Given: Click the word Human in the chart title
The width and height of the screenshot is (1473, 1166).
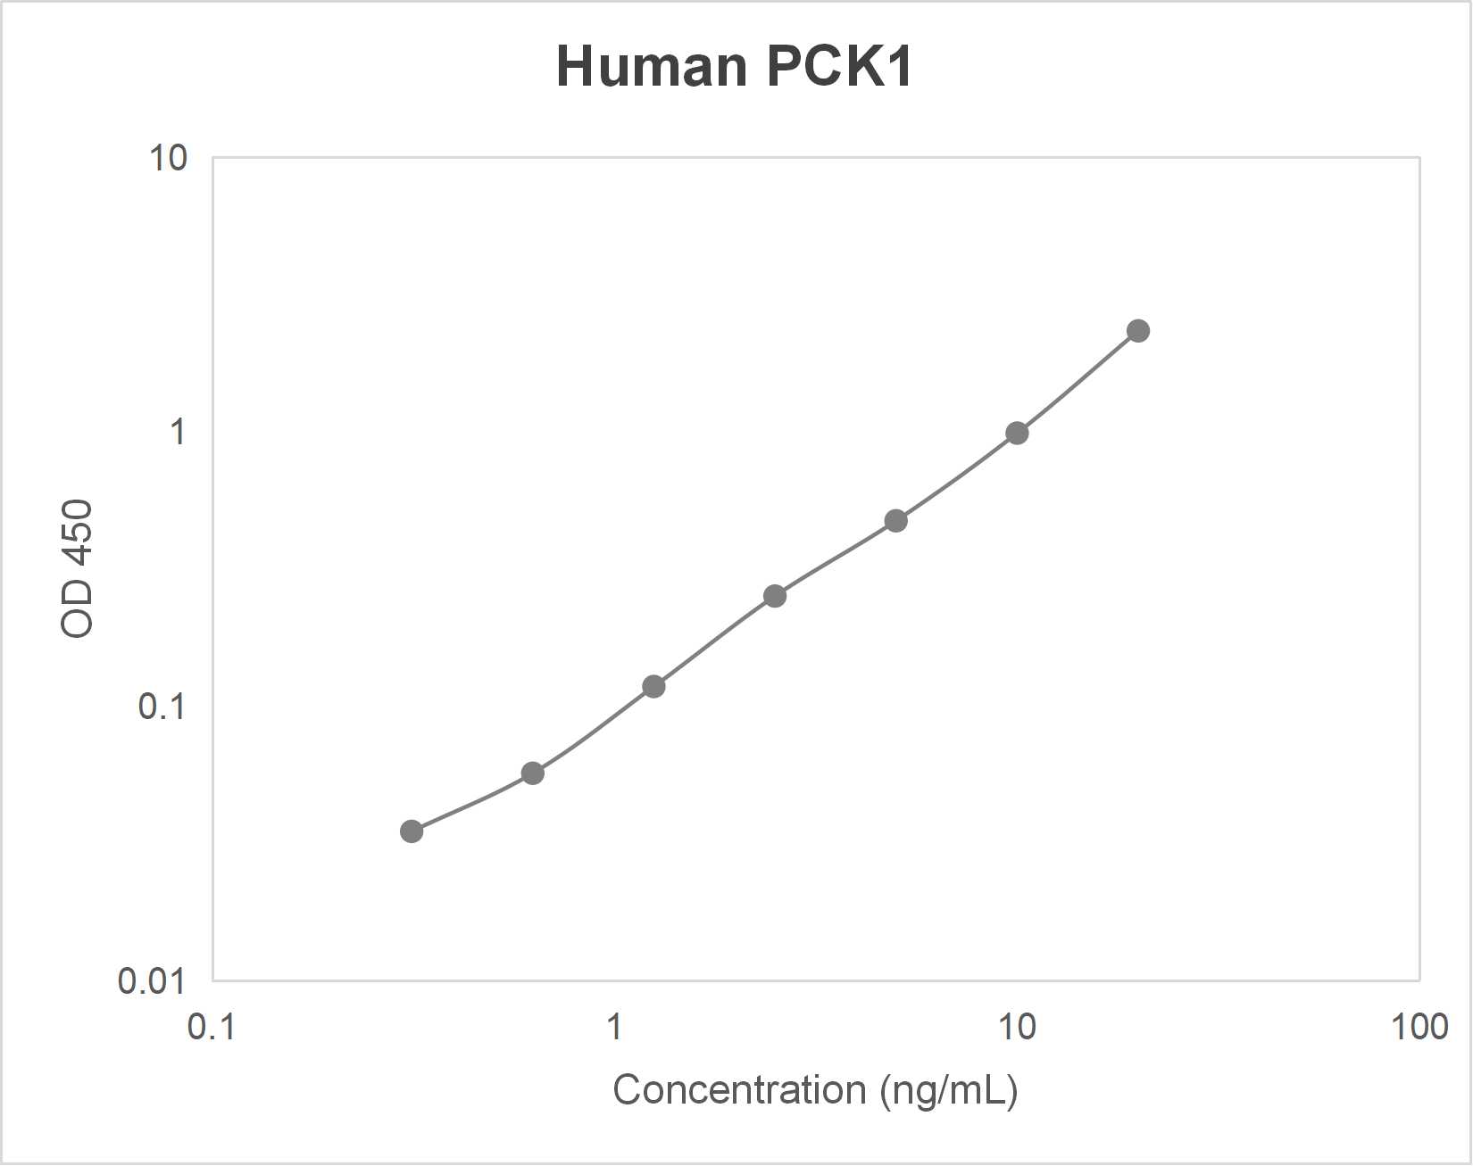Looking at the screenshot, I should click(652, 66).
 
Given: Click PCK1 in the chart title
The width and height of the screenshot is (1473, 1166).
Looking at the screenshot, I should click(839, 66).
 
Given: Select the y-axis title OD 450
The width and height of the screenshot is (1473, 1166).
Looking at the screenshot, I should click(77, 568).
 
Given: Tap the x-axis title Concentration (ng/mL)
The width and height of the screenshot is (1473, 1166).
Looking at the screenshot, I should click(814, 1090).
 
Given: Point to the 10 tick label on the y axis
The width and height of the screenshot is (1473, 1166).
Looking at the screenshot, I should click(168, 158).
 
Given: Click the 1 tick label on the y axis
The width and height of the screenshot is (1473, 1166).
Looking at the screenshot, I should click(178, 432).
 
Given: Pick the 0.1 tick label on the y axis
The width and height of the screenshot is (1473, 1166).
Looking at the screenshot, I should click(162, 707).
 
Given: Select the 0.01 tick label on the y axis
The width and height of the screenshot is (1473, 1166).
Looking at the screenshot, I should click(152, 981).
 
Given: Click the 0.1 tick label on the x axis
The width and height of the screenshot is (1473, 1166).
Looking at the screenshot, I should click(212, 1028).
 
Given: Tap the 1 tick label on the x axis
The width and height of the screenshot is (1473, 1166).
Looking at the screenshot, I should click(614, 1028).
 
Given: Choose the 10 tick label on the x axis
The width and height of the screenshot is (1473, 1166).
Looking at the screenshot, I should click(1016, 1028).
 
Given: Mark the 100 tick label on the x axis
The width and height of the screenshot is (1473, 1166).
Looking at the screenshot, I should click(1419, 1028).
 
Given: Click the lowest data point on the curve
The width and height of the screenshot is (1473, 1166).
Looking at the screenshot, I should click(412, 831).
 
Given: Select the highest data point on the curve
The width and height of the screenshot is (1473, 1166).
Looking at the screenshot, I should click(1138, 331).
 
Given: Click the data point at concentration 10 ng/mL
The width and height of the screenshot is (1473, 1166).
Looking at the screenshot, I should click(1017, 434).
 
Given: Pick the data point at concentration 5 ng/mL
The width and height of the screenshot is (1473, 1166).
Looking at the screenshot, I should click(896, 521).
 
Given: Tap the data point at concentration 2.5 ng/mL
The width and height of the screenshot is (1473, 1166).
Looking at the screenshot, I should click(775, 596).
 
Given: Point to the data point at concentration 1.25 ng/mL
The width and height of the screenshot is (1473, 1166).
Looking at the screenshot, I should click(653, 687).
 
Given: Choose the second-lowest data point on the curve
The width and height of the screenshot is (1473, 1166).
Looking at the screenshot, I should click(533, 773).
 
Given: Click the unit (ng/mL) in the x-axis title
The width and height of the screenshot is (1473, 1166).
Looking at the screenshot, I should click(948, 1090).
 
